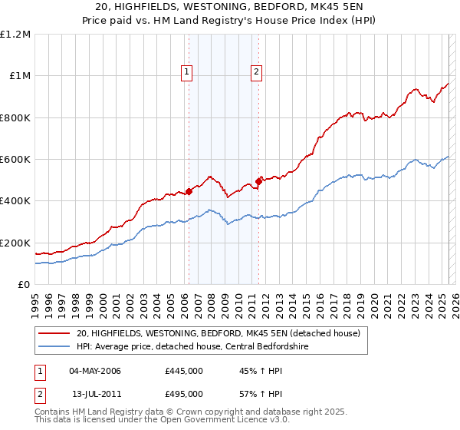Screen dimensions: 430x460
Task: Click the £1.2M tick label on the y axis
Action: click(x=15, y=35)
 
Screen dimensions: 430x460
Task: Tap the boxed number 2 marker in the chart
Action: click(x=255, y=73)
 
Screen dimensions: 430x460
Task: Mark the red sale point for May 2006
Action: click(x=189, y=192)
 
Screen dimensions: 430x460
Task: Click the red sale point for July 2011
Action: click(x=259, y=181)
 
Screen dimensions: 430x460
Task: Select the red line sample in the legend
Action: click(x=54, y=332)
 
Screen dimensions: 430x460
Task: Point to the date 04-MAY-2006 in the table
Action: click(x=95, y=372)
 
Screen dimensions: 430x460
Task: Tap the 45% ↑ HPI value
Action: click(x=251, y=372)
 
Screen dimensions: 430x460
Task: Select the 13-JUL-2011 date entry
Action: click(x=94, y=393)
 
